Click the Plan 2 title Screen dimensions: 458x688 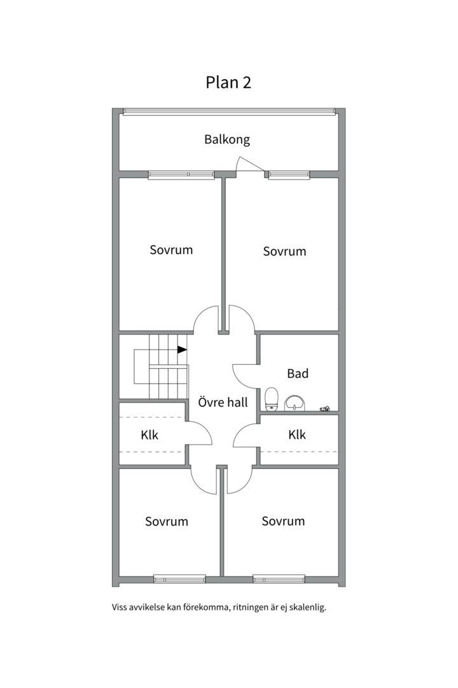[228, 82]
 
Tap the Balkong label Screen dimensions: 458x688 [227, 140]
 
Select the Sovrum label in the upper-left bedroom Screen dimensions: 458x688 [171, 250]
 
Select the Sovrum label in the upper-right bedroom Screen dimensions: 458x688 [284, 252]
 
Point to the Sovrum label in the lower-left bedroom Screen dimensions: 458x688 [167, 521]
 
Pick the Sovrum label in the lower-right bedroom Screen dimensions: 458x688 [283, 521]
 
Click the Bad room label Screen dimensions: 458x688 [298, 373]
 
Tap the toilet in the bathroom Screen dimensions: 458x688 [272, 399]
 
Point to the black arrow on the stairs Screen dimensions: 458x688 [182, 350]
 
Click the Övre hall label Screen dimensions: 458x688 [223, 403]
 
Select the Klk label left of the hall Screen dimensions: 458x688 [149, 435]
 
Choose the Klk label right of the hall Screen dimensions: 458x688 [297, 435]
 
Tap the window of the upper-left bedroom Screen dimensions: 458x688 [181, 175]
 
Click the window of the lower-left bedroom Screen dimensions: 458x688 [179, 579]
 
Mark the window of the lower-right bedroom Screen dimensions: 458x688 [279, 579]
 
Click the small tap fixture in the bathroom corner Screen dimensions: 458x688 [324, 409]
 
